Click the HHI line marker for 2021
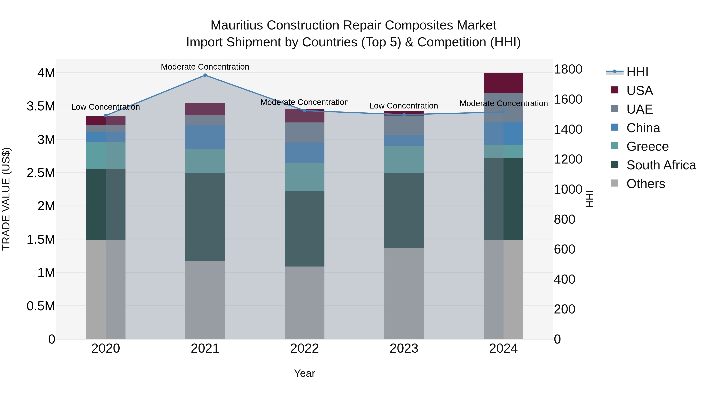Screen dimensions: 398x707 tap(205, 75)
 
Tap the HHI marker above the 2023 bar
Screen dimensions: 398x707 tap(404, 115)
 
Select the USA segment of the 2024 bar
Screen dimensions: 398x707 tap(503, 83)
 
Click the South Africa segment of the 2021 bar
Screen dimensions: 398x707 tap(205, 217)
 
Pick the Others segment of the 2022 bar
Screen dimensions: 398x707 tap(304, 303)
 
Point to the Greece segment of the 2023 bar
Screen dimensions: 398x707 tap(404, 160)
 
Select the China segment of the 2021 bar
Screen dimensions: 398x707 tap(205, 137)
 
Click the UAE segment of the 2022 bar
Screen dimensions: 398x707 tap(304, 132)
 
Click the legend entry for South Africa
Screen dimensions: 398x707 tap(661, 165)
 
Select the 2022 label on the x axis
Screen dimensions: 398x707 tap(304, 348)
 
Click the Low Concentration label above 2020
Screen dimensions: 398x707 tap(106, 107)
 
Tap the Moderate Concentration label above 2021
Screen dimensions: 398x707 tap(205, 67)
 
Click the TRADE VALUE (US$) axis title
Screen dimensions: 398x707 tap(6, 199)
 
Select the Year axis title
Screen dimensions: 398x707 tap(304, 373)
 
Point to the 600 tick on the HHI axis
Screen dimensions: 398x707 tap(564, 249)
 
